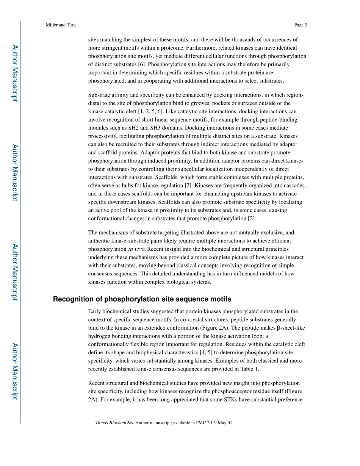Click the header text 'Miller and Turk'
[x=61, y=25]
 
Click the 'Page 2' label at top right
[x=301, y=25]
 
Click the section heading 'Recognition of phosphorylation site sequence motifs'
[x=142, y=299]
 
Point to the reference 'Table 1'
[x=249, y=369]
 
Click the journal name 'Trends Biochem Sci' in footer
[x=114, y=423]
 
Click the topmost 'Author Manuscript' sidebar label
[x=14, y=73]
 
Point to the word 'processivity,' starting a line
[x=102, y=136]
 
